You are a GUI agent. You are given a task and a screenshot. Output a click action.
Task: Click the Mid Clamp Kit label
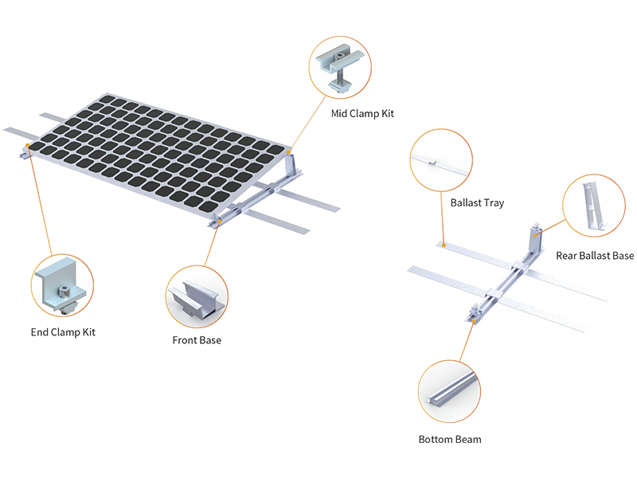pyautogui.click(x=362, y=114)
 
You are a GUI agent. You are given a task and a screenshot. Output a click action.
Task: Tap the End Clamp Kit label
pyautogui.click(x=63, y=332)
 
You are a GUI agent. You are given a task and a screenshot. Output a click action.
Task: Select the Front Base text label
pyautogui.click(x=197, y=340)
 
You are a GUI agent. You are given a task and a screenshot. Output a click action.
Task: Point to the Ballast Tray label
pyautogui.click(x=477, y=203)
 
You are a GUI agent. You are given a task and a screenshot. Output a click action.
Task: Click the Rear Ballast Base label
pyautogui.click(x=595, y=256)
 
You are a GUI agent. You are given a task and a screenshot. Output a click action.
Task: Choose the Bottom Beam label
pyautogui.click(x=450, y=440)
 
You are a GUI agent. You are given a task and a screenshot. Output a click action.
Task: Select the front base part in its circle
pyautogui.click(x=196, y=299)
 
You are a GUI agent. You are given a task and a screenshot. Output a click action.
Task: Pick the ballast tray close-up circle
pyautogui.click(x=441, y=160)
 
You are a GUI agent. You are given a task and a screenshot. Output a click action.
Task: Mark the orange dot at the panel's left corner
pyautogui.click(x=27, y=145)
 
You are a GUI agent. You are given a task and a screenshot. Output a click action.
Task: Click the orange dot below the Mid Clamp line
pyautogui.click(x=289, y=152)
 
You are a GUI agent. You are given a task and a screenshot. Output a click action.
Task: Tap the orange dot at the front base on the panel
pyautogui.click(x=220, y=221)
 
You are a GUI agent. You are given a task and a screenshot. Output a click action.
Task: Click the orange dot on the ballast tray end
pyautogui.click(x=444, y=245)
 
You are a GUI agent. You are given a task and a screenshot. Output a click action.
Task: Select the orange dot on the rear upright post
pyautogui.click(x=535, y=235)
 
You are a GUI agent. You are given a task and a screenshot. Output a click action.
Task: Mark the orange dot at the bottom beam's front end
pyautogui.click(x=474, y=321)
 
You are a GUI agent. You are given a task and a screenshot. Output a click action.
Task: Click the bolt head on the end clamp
pyautogui.click(x=64, y=291)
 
